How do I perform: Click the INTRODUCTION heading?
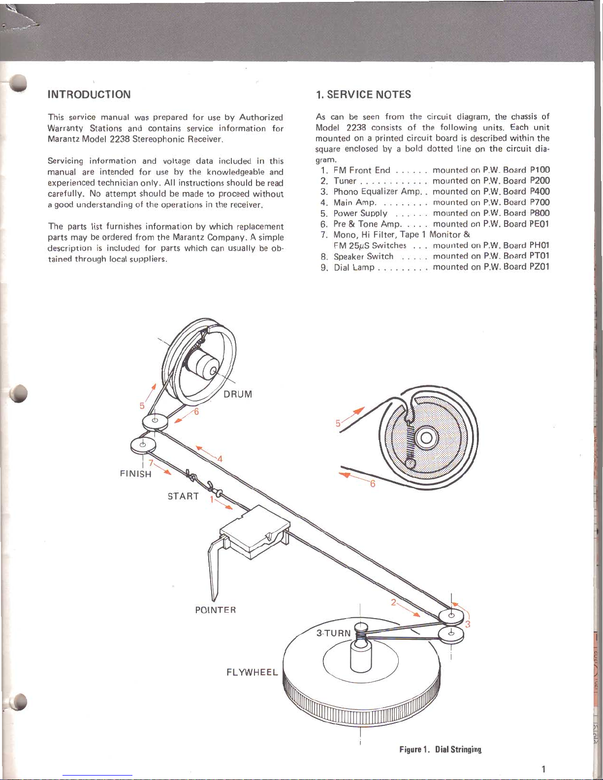tap(89, 94)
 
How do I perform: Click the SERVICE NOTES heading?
tap(364, 94)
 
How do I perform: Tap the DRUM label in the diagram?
tap(238, 394)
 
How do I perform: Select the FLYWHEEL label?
tap(252, 672)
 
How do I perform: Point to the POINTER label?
tap(216, 610)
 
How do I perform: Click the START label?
tap(183, 496)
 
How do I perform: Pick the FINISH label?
tap(135, 474)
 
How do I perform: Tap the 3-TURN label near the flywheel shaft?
tap(333, 633)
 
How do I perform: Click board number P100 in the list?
tap(540, 170)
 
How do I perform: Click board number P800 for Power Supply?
tap(540, 213)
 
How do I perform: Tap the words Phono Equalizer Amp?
tap(377, 191)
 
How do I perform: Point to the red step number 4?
tap(220, 459)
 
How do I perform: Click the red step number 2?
tap(393, 602)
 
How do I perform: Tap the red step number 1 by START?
tap(212, 499)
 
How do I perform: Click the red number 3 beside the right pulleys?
tap(468, 624)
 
